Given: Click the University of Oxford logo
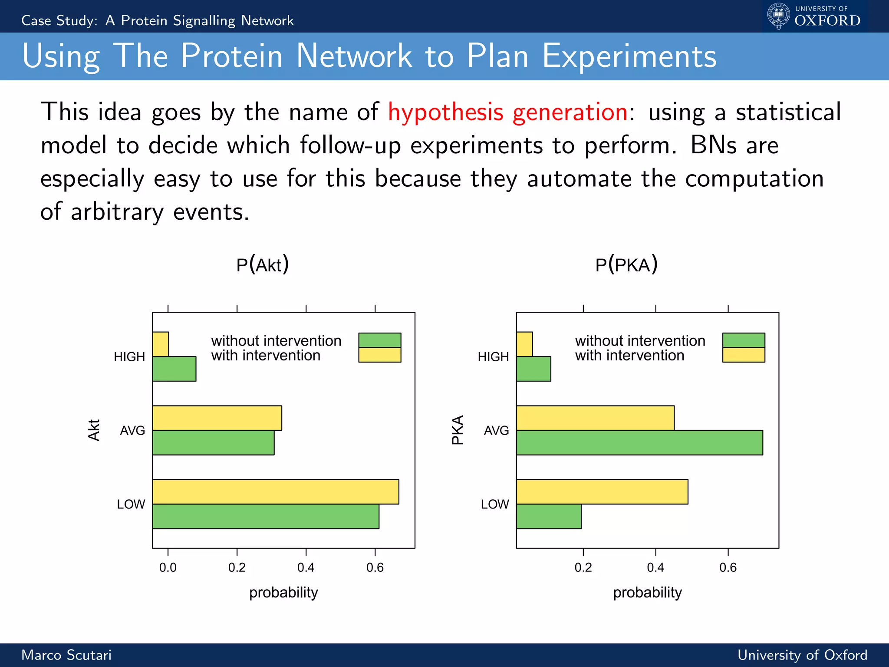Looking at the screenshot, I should coord(814,17).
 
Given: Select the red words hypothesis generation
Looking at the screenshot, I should coord(507,112).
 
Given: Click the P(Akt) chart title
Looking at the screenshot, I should coord(262,265).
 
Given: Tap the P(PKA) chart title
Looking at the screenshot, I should coord(626,265).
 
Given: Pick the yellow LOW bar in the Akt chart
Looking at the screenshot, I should coord(275,492).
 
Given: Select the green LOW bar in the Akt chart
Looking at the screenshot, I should coord(265,516).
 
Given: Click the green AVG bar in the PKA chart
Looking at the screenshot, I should coord(639,442).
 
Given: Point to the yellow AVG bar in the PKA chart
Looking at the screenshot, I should coord(595,418).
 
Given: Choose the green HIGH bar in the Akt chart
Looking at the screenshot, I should coord(174,369).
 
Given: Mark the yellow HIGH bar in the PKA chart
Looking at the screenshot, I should coord(524,344).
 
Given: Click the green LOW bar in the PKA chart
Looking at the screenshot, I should coord(549,516).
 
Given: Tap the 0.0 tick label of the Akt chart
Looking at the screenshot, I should coord(168,568).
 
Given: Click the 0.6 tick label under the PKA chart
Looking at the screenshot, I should coord(728,568).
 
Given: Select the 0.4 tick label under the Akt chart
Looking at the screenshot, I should coord(306,568).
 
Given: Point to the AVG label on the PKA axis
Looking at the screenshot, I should coord(496,430).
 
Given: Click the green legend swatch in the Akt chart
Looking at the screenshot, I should coord(379,340).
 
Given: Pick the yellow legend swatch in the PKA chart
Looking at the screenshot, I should coord(743,355).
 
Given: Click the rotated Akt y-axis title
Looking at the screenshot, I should coord(94,430).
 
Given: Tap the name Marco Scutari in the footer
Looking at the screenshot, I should coord(66,655).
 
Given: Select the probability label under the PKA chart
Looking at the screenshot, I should coord(647,592).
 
